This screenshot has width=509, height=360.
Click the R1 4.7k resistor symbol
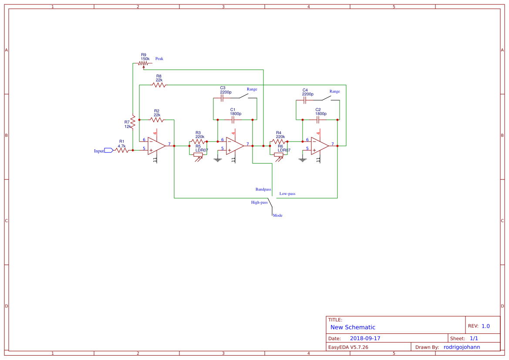[x=122, y=150]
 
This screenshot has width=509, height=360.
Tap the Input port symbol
[x=108, y=151]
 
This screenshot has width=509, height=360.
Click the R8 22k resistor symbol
[x=159, y=85]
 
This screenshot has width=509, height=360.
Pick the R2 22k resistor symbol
[x=157, y=120]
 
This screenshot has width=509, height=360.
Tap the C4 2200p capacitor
[x=305, y=100]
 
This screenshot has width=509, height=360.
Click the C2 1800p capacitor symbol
[x=318, y=120]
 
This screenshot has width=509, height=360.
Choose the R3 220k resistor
[x=198, y=141]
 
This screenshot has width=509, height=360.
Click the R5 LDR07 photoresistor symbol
[x=198, y=155]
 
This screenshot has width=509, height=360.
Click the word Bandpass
[x=263, y=190]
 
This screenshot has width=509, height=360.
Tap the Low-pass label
[x=287, y=194]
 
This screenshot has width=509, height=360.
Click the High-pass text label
[x=259, y=202]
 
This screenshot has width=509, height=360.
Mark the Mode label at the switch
[x=278, y=215]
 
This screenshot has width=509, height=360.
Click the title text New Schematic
[x=353, y=327]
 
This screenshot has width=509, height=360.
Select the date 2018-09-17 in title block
[x=365, y=338]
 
